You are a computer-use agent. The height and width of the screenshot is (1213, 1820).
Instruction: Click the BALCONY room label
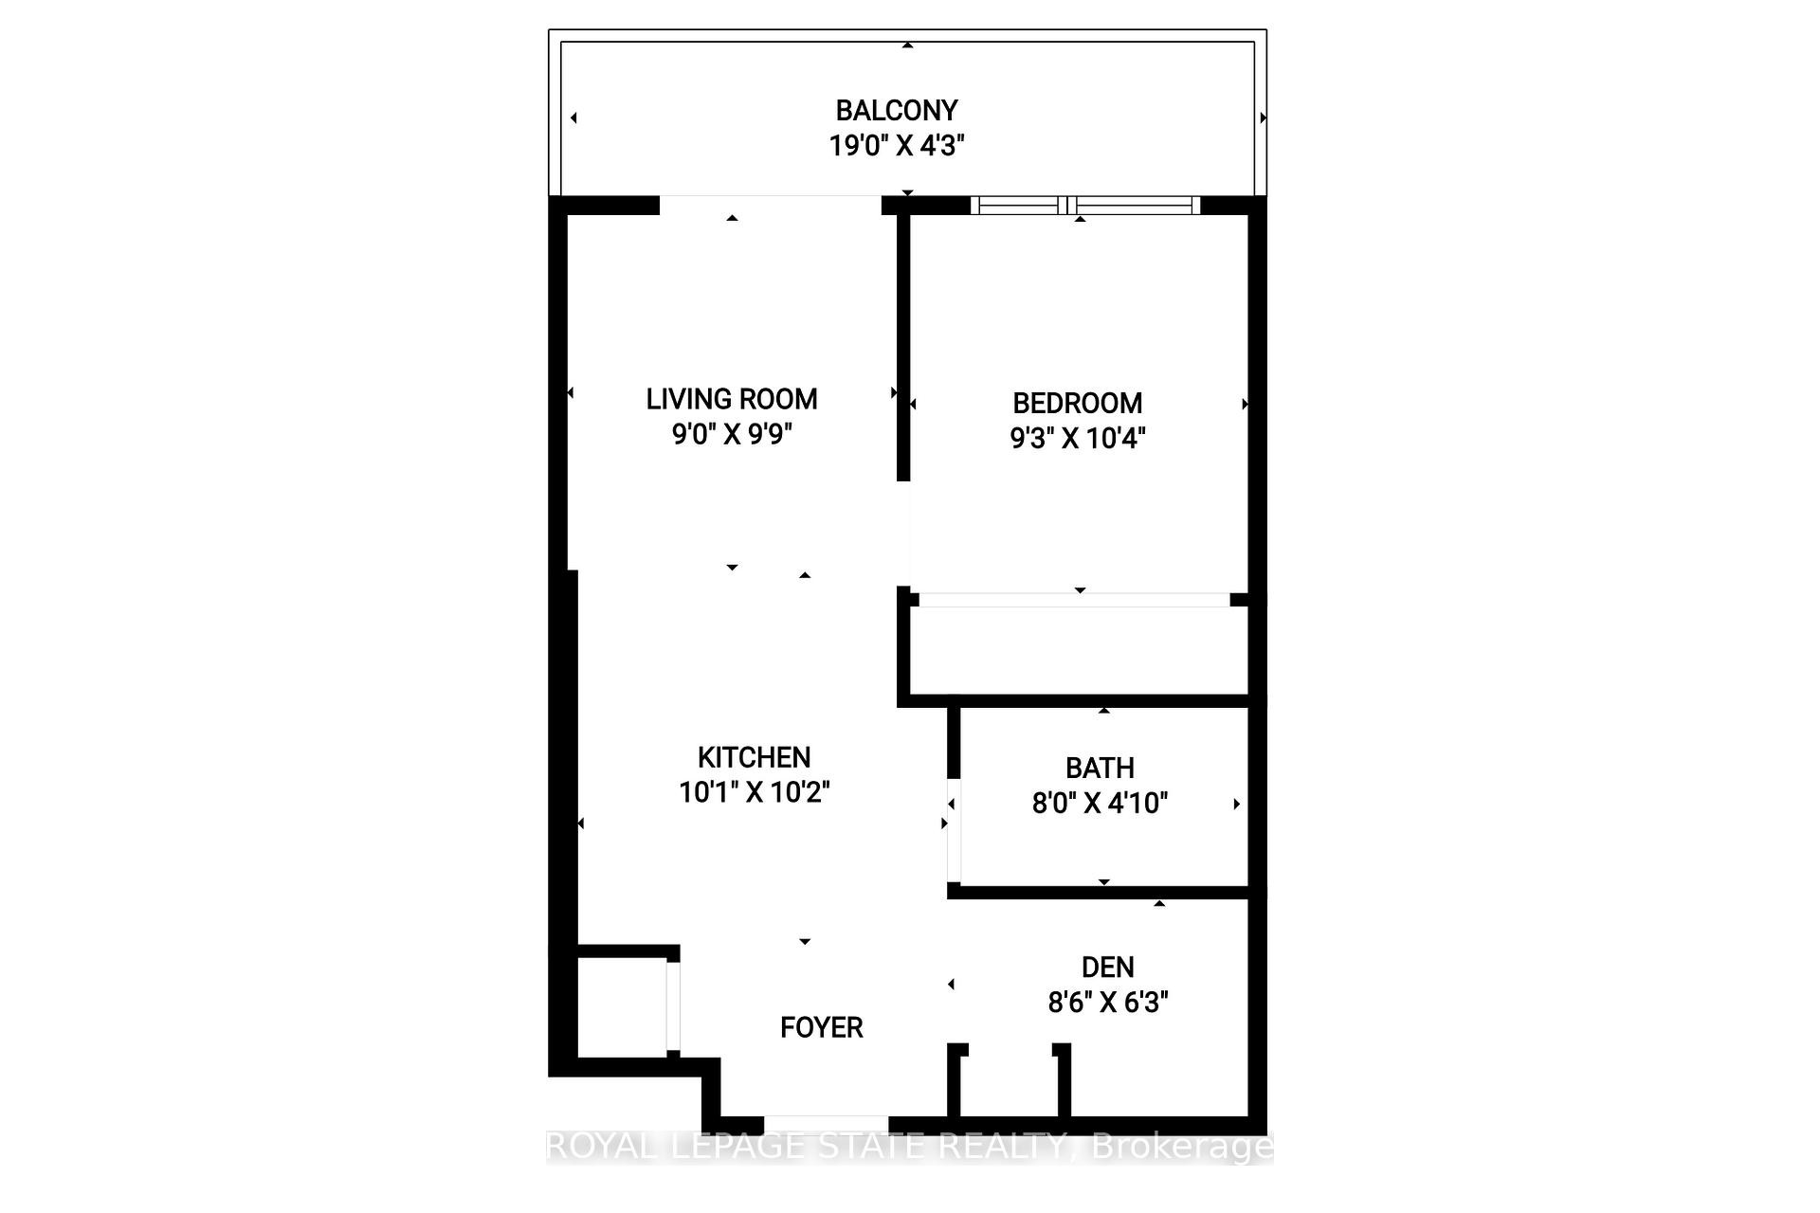[896, 111]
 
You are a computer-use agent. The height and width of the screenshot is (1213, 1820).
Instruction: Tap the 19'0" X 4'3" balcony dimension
[896, 146]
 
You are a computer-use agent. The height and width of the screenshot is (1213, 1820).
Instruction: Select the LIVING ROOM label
[731, 399]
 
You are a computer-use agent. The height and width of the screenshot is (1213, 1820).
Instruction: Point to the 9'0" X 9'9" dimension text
[731, 434]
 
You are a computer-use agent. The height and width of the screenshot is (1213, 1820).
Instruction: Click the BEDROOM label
[1077, 403]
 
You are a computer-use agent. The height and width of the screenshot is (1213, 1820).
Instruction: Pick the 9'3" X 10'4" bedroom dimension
[1077, 438]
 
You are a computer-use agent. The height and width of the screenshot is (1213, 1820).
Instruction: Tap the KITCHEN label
[754, 757]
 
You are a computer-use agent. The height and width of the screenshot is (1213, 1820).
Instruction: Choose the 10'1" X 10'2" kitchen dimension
[754, 792]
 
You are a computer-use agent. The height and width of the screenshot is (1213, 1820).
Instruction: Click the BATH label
[1100, 768]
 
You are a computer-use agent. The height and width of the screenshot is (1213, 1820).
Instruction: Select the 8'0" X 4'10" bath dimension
[1100, 803]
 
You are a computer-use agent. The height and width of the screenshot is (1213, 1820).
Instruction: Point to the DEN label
[1107, 967]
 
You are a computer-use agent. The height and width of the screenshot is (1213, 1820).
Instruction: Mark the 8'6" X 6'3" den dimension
[1107, 1002]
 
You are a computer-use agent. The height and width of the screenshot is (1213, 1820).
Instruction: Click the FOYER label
[821, 1027]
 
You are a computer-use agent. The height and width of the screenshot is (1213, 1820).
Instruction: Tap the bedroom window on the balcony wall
[1085, 205]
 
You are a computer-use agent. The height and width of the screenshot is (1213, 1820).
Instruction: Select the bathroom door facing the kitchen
[954, 831]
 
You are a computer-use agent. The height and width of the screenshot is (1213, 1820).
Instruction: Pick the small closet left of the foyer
[621, 1006]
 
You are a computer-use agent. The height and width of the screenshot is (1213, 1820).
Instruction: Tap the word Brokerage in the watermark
[1182, 1147]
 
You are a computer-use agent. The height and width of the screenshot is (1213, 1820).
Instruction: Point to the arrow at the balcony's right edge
[1263, 118]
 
